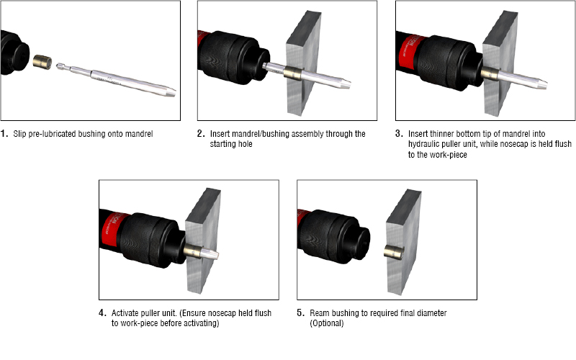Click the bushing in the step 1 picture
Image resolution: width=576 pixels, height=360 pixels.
pyautogui.click(x=42, y=61)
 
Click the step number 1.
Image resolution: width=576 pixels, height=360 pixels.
pyautogui.click(x=4, y=133)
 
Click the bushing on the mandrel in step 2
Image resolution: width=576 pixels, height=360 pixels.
pyautogui.click(x=292, y=73)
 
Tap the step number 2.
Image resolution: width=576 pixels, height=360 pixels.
pyautogui.click(x=201, y=133)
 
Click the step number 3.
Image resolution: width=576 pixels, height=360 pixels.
pyautogui.click(x=399, y=133)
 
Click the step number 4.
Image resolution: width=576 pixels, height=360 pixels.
pyautogui.click(x=102, y=313)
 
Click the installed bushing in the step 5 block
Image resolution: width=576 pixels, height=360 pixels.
pyautogui.click(x=394, y=253)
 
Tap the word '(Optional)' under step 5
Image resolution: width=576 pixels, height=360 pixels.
pyautogui.click(x=327, y=323)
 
